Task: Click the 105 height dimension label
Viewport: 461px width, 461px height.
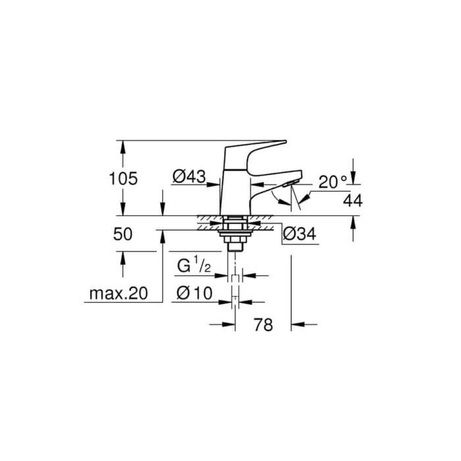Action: tap(123, 178)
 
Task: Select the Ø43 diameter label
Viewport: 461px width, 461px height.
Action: tap(189, 176)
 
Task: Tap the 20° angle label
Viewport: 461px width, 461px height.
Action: tap(333, 182)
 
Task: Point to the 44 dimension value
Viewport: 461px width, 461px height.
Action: tap(353, 201)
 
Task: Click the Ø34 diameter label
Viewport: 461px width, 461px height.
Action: tap(299, 234)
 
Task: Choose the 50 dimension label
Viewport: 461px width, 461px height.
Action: tap(123, 234)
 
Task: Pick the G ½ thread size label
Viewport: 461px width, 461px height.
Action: tap(194, 265)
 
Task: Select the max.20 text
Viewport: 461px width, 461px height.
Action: tap(119, 294)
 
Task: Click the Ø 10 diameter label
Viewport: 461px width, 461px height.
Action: tap(194, 293)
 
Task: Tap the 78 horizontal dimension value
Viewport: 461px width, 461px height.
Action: tap(263, 325)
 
